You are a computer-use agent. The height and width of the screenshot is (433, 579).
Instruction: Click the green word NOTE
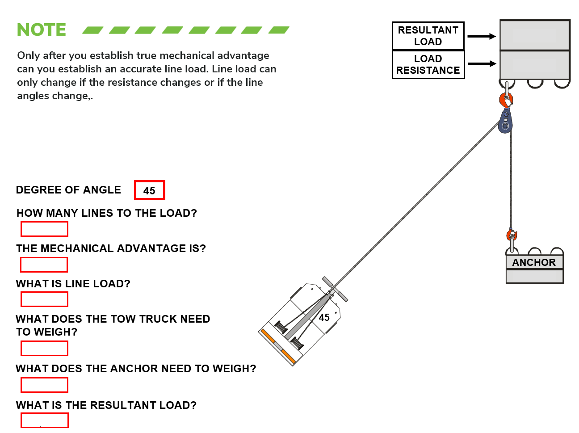pyautogui.click(x=41, y=30)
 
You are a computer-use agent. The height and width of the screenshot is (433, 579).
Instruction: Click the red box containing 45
pyautogui.click(x=149, y=190)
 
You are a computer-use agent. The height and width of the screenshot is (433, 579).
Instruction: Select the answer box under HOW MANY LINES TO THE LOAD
pyautogui.click(x=44, y=229)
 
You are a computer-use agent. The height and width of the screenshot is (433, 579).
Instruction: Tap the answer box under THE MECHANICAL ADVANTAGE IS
pyautogui.click(x=44, y=265)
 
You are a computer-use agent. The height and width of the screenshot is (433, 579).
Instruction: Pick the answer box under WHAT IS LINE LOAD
pyautogui.click(x=44, y=299)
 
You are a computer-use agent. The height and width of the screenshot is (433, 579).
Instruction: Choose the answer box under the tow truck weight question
pyautogui.click(x=44, y=348)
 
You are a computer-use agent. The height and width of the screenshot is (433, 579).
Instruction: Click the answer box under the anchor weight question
pyautogui.click(x=44, y=385)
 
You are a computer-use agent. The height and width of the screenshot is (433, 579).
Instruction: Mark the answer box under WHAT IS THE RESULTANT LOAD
pyautogui.click(x=44, y=420)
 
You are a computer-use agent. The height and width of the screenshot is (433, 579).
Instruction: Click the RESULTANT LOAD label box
pyautogui.click(x=428, y=36)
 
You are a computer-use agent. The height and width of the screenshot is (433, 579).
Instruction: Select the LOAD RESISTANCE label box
pyautogui.click(x=428, y=64)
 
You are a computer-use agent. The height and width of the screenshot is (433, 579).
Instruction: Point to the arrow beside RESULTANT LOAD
pyautogui.click(x=481, y=37)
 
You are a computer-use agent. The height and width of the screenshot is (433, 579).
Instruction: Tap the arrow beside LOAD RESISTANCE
pyautogui.click(x=481, y=64)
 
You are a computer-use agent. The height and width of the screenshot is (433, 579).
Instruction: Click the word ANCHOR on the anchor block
pyautogui.click(x=534, y=262)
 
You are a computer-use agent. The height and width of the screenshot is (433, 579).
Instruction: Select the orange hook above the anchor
pyautogui.click(x=512, y=235)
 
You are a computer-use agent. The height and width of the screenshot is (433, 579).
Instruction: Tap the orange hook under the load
pyautogui.click(x=506, y=99)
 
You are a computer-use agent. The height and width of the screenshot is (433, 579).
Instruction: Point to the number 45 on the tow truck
pyautogui.click(x=324, y=317)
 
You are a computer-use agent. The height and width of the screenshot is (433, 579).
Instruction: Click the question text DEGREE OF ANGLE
pyautogui.click(x=68, y=190)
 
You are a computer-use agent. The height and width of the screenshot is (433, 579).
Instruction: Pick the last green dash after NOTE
pyautogui.click(x=279, y=30)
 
